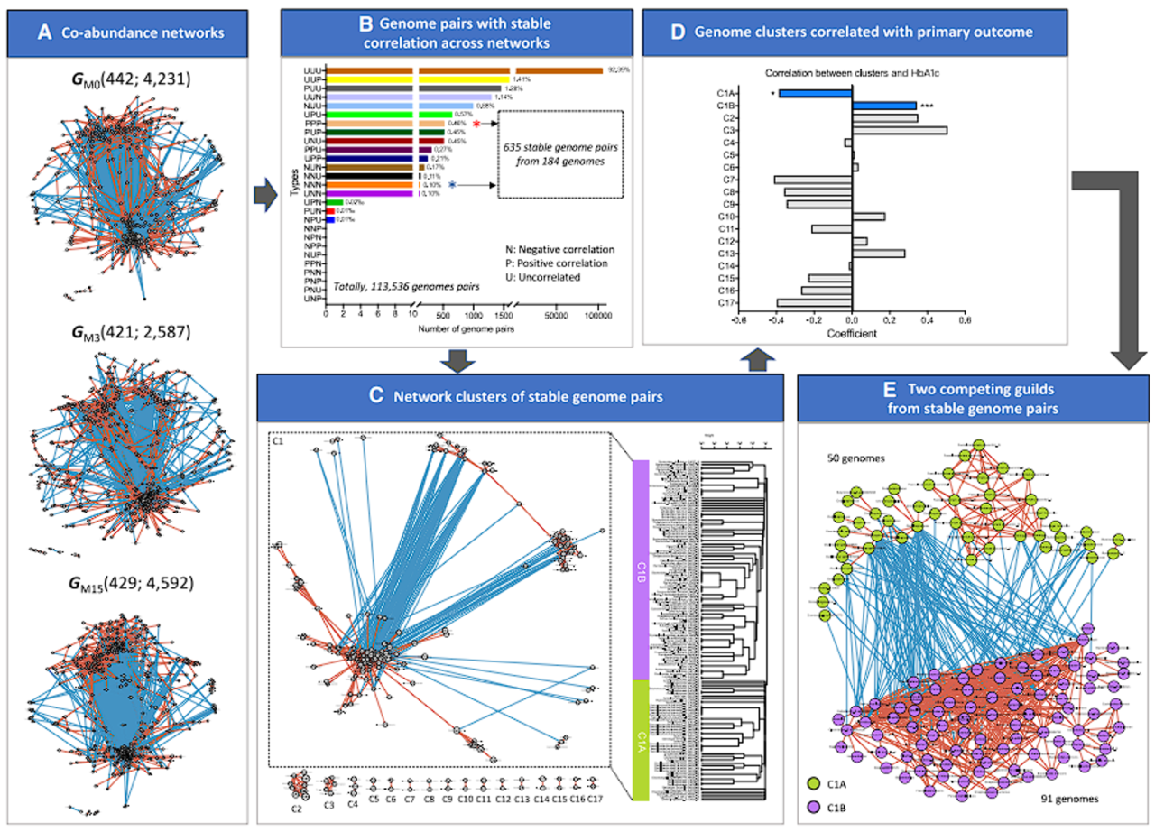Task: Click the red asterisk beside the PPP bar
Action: click(x=476, y=125)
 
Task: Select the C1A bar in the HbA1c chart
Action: click(x=815, y=93)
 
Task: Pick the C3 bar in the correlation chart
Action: click(x=899, y=130)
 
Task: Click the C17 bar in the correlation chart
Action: click(x=814, y=303)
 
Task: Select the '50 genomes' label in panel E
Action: click(x=856, y=457)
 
